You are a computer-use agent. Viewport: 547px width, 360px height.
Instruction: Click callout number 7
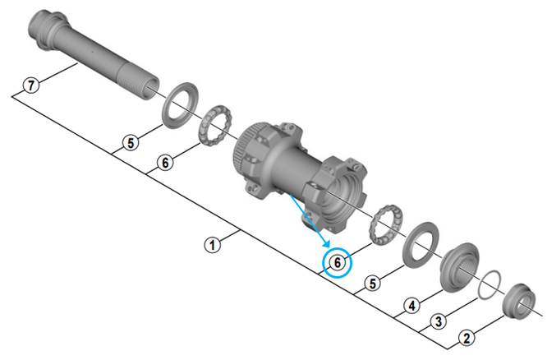[x=30, y=85]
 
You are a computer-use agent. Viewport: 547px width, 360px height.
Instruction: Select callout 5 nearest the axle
[x=130, y=143]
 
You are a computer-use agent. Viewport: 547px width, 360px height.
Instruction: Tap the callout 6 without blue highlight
[x=165, y=163]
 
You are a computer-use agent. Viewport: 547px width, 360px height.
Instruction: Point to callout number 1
[x=213, y=244]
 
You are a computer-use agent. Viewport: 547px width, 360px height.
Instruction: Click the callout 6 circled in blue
[x=337, y=263]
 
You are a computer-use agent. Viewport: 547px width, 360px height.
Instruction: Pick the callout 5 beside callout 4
[x=374, y=284]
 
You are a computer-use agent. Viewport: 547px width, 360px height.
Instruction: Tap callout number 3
[x=439, y=321]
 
